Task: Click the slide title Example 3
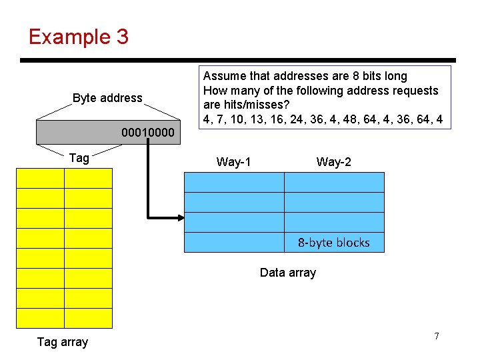tap(78, 37)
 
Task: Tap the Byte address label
tap(107, 98)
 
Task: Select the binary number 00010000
tap(148, 133)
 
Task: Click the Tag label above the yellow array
tap(79, 158)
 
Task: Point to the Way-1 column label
tap(233, 161)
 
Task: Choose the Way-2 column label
tap(333, 161)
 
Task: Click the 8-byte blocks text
tap(333, 243)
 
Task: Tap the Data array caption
tap(287, 272)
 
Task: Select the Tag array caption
tap(62, 342)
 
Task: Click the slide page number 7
tap(437, 336)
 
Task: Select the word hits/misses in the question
tap(232, 105)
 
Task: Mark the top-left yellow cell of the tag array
tap(39, 178)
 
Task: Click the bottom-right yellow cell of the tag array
tap(88, 318)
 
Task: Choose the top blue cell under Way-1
tap(233, 182)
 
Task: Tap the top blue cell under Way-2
tap(334, 182)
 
